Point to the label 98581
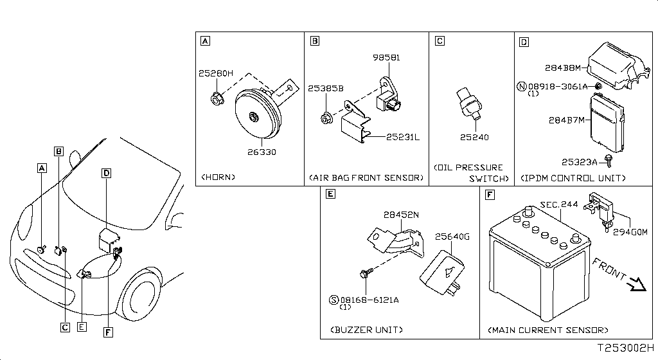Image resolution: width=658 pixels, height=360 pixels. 386,57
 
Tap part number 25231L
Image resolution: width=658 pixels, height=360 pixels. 402,136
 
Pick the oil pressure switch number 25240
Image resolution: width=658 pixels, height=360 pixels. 474,137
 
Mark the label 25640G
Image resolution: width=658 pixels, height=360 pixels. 453,237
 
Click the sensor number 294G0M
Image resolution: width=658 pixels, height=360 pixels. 630,231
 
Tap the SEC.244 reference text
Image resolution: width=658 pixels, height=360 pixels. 558,204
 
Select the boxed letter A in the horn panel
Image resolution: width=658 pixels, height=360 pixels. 205,42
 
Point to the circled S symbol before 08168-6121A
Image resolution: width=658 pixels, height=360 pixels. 333,299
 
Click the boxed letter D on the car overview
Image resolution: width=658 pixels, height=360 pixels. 106,173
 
